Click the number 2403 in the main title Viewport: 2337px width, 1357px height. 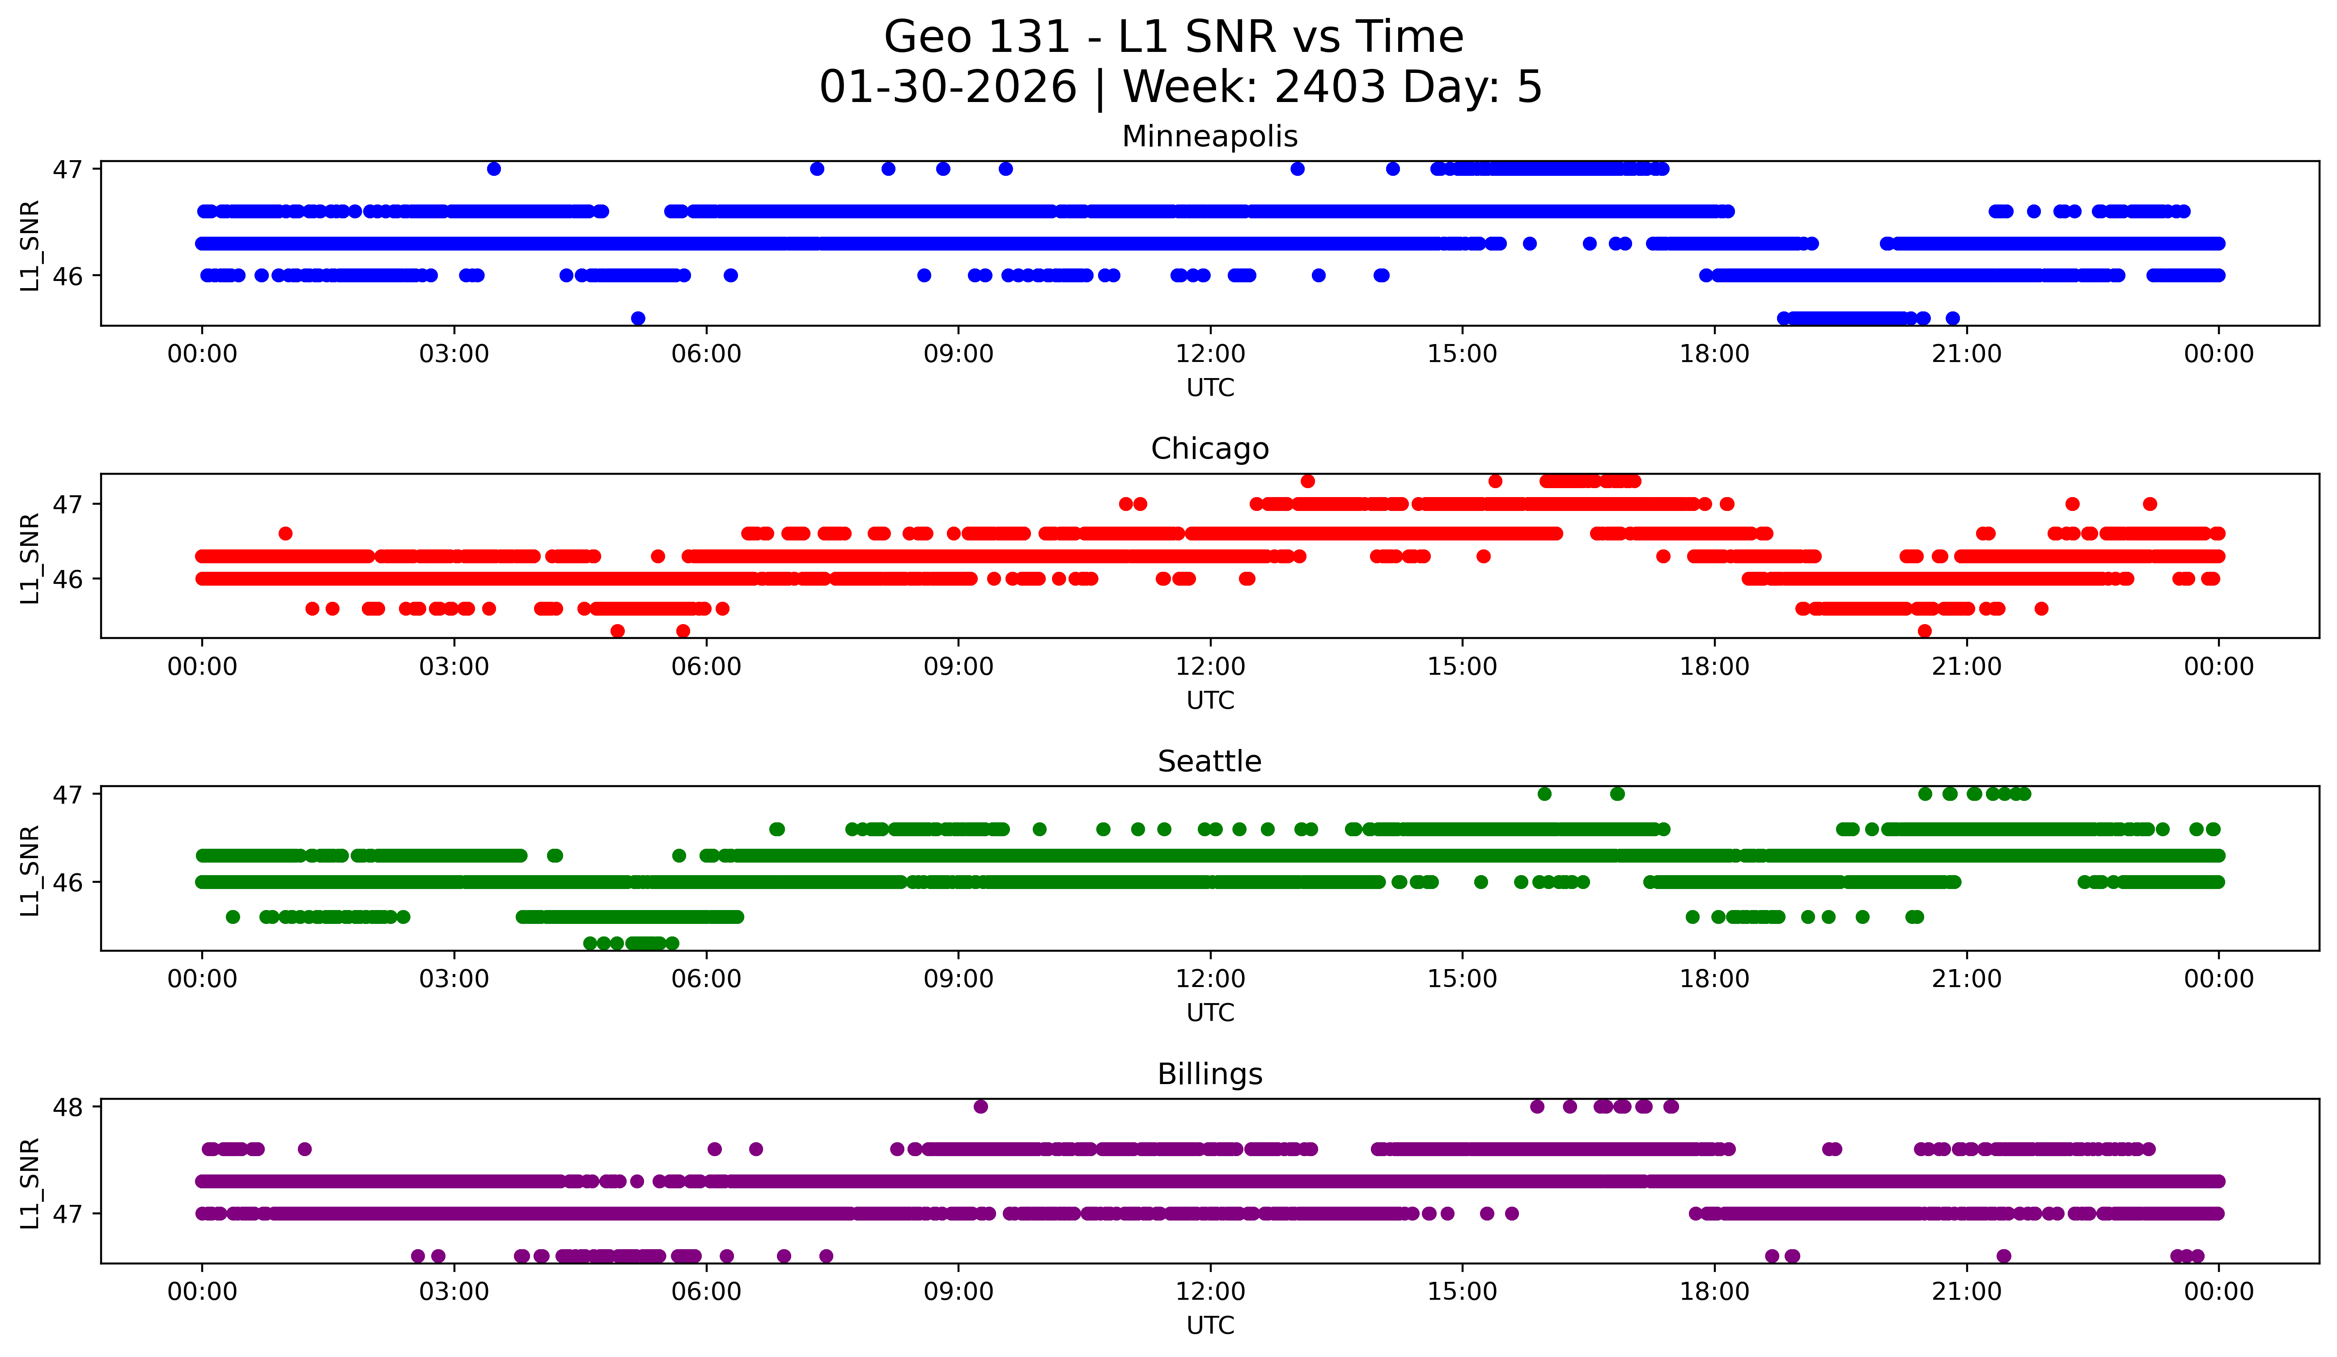tap(1330, 87)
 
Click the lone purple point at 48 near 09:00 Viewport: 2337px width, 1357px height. tap(980, 1106)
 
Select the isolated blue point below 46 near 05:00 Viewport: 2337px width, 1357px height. tap(638, 318)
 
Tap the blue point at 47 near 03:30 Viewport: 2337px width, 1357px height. tap(494, 169)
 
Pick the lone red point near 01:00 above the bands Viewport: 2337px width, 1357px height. tap(286, 533)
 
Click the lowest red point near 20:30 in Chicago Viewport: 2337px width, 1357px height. tap(1924, 631)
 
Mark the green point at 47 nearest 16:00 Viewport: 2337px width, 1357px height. tap(1544, 794)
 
